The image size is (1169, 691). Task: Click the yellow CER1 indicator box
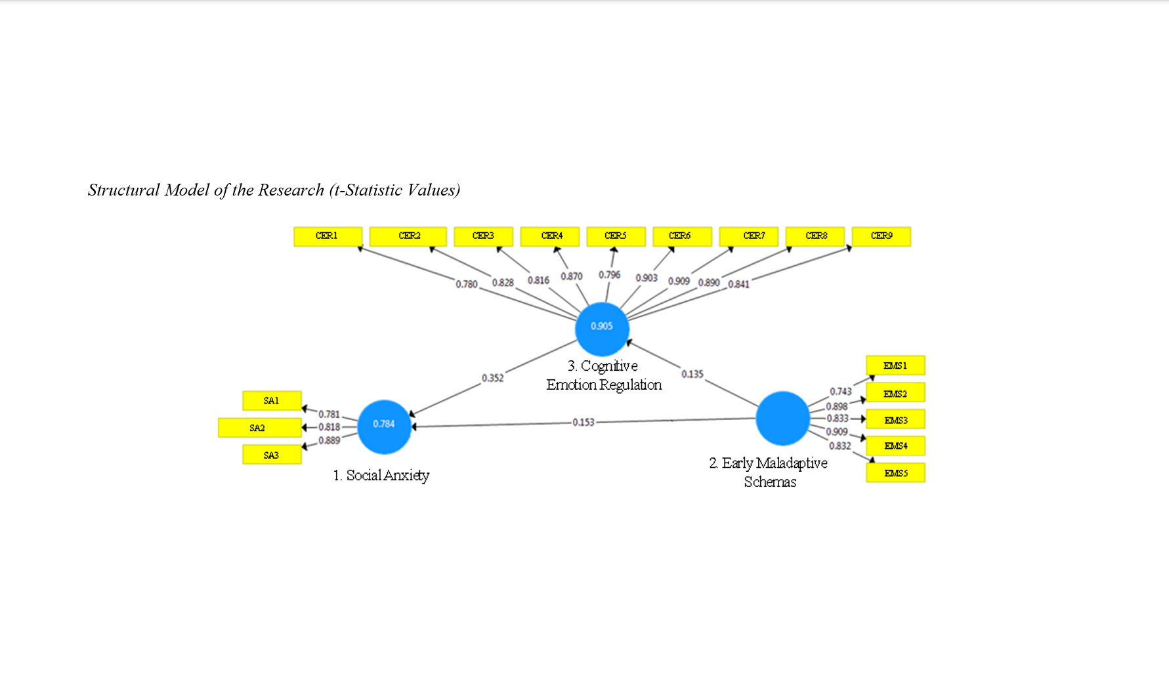click(x=328, y=236)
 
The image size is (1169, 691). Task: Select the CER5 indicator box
click(x=616, y=236)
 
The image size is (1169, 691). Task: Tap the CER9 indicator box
click(x=881, y=236)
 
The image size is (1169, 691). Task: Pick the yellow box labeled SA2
click(x=259, y=428)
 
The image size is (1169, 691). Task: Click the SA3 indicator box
click(x=272, y=455)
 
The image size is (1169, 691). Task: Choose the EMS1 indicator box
click(x=895, y=366)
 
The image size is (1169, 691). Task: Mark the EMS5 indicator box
click(x=895, y=472)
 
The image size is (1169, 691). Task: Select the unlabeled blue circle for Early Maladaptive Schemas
click(x=782, y=418)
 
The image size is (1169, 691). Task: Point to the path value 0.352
click(x=492, y=378)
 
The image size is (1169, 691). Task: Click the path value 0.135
click(x=692, y=374)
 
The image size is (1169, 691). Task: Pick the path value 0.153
click(x=583, y=422)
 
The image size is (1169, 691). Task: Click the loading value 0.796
click(x=609, y=275)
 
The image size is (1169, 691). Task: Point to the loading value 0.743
click(x=840, y=391)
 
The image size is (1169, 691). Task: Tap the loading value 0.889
click(x=329, y=440)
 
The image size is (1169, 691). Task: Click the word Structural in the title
click(x=124, y=190)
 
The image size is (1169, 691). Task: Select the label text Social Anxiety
click(x=387, y=475)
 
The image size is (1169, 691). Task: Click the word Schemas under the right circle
click(x=770, y=482)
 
